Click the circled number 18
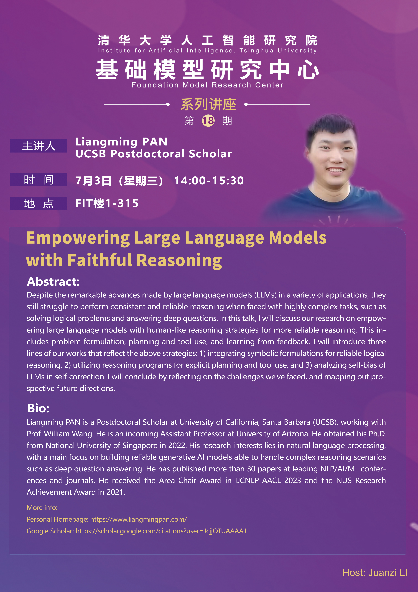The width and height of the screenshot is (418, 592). pyautogui.click(x=208, y=120)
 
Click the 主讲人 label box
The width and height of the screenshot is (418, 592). pyautogui.click(x=38, y=146)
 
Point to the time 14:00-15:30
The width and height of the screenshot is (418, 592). pyautogui.click(x=209, y=180)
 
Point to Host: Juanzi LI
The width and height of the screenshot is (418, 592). pyautogui.click(x=375, y=572)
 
